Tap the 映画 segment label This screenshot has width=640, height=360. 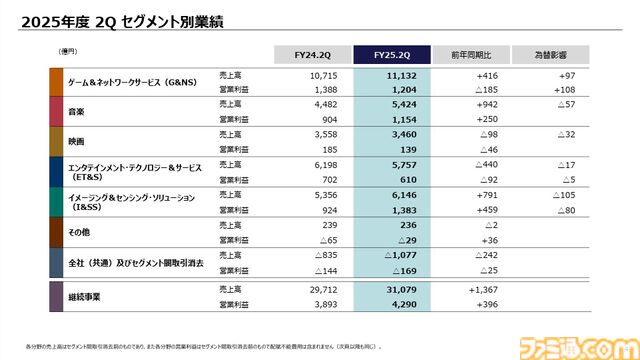[75, 141]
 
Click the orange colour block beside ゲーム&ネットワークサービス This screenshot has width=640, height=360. [56, 82]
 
